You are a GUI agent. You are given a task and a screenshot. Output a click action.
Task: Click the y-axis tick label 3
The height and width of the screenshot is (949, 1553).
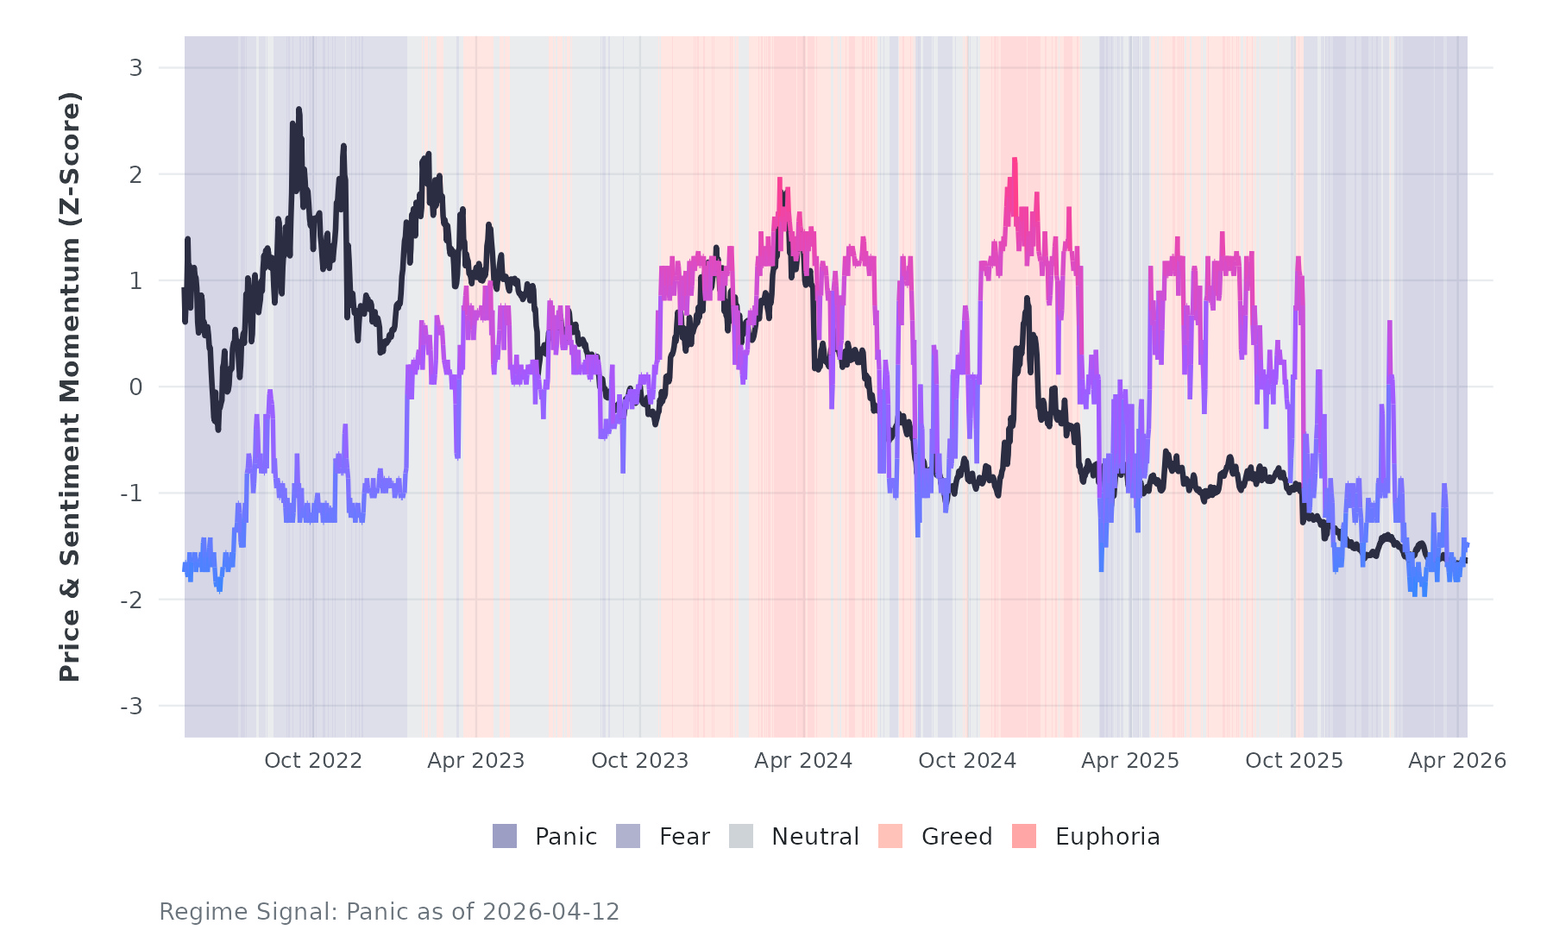click(135, 68)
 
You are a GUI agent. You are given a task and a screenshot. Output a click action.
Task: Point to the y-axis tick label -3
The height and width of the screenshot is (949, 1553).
click(131, 707)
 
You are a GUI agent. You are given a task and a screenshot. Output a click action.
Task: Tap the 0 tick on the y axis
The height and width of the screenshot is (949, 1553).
click(135, 387)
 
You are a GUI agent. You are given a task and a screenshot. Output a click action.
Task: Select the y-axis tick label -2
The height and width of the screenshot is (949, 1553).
click(131, 600)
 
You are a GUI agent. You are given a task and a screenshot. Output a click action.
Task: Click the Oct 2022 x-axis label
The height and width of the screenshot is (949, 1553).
click(313, 761)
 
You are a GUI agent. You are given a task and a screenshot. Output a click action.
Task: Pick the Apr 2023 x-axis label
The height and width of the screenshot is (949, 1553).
click(476, 761)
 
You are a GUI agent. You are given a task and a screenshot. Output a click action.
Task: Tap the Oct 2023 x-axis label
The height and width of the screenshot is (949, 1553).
click(640, 761)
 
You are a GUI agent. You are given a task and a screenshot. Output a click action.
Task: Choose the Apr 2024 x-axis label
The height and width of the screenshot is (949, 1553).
click(803, 761)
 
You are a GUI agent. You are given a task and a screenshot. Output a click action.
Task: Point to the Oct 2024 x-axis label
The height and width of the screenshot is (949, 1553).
click(967, 761)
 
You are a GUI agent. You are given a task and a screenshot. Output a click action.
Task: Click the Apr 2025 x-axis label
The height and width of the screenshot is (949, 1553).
click(1130, 761)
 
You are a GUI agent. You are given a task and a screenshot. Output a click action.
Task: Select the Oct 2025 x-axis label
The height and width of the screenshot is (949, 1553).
click(1294, 761)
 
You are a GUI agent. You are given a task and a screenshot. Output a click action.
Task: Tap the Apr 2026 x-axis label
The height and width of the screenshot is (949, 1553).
click(1457, 761)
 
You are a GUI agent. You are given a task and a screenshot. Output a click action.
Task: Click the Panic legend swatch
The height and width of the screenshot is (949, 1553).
click(505, 836)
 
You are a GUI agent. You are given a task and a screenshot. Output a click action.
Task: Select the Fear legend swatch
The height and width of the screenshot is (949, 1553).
click(628, 836)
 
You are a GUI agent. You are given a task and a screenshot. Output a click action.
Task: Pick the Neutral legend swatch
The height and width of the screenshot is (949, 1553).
click(741, 836)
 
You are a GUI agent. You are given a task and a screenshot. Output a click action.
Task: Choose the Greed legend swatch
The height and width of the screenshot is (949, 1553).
click(890, 836)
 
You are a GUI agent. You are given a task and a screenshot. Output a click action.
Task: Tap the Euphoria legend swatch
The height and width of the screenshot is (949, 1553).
click(1024, 836)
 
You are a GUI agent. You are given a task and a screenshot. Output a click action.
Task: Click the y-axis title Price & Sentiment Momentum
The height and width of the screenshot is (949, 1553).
click(70, 387)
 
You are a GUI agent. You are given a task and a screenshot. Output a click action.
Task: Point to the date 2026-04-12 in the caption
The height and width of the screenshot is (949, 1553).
click(551, 912)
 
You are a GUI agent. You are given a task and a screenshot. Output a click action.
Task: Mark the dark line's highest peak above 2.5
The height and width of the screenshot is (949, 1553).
click(299, 110)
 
